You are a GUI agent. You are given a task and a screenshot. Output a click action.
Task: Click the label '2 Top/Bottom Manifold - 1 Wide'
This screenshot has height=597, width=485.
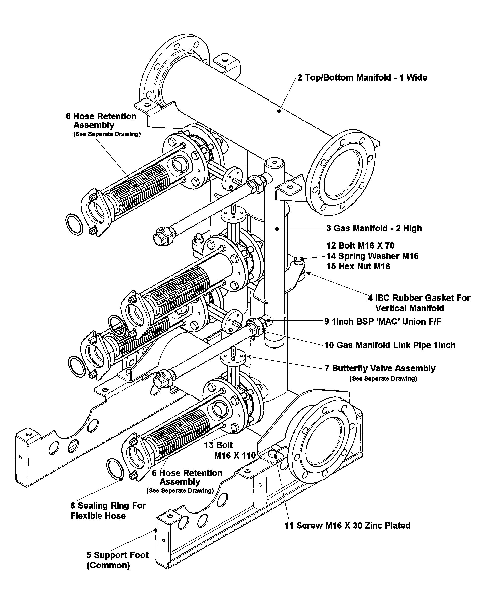coord(362,78)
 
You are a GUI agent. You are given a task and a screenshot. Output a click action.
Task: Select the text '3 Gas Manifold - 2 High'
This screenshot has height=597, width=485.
coord(374,228)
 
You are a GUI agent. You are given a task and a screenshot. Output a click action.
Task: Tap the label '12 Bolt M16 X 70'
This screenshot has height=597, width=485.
coord(360,246)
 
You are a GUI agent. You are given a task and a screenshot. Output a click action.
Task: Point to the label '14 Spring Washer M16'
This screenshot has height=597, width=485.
coord(372,256)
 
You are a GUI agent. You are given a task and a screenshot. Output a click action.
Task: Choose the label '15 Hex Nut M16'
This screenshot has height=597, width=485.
coord(358,266)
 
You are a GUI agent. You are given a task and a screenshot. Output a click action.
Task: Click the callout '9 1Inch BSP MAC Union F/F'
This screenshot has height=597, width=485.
coord(383,322)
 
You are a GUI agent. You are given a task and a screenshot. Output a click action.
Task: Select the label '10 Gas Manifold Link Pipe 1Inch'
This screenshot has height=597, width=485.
coord(390,345)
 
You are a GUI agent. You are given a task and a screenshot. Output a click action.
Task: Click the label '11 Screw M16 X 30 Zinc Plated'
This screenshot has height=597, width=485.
coord(347,526)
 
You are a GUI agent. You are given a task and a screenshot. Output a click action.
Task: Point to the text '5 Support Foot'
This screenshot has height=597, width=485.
coord(118,555)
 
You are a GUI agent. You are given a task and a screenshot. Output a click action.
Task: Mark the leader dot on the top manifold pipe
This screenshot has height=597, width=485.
coord(279,111)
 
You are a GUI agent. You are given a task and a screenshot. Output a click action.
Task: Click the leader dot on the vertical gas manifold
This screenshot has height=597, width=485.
coord(277,229)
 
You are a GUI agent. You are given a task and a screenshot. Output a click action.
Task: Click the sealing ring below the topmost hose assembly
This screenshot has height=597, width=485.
coord(74,225)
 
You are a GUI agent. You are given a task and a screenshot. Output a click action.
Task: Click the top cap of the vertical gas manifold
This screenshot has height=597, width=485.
coord(274,162)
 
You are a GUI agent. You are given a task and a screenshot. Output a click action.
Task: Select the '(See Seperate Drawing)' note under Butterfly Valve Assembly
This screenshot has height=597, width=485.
coord(383,379)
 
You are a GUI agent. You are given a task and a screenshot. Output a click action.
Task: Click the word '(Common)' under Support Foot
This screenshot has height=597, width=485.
coord(108,565)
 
